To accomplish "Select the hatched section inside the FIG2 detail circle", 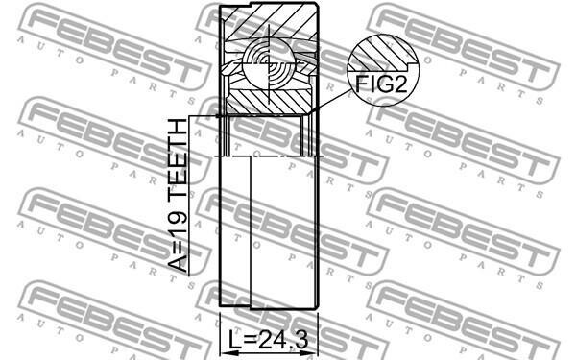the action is click(382, 53).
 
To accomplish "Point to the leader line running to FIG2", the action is click(329, 100).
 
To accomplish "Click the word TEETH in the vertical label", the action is click(179, 155).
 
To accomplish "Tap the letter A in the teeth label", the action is click(179, 263).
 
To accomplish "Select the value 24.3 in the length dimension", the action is click(283, 340).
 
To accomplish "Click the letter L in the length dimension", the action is click(235, 340).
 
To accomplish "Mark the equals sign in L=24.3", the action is click(251, 341).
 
